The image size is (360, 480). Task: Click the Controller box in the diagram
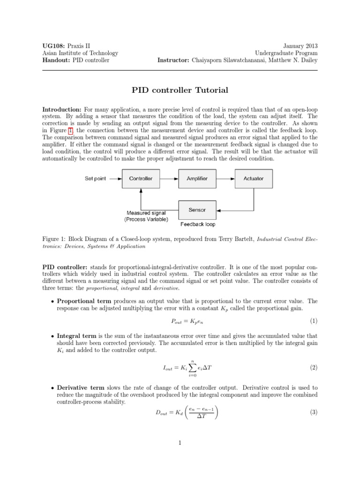coord(141,179)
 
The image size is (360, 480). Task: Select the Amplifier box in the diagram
coord(197,179)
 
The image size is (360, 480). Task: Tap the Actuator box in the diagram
coord(253,179)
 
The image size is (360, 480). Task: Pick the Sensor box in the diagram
coord(197,210)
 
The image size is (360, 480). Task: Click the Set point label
coord(95,179)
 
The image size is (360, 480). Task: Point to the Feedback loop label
coord(198,224)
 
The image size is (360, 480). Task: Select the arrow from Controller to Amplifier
coord(168,179)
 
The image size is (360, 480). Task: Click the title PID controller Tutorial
coord(180,90)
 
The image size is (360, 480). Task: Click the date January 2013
coord(300,46)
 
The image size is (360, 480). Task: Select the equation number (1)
coord(314,321)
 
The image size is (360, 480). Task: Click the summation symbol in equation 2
coord(192,368)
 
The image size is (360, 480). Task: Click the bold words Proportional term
coord(84,301)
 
